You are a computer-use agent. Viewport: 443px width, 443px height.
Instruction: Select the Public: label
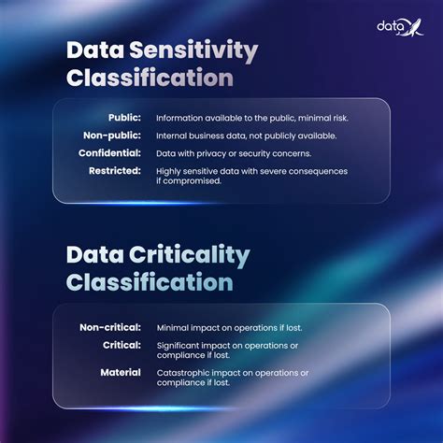(x=124, y=118)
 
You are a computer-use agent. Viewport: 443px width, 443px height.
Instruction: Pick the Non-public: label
(x=113, y=136)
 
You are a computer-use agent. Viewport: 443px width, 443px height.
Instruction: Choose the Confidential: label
(x=109, y=153)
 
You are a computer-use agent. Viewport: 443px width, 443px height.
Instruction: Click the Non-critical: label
(x=109, y=328)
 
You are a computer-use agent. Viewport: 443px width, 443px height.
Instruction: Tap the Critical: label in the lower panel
(x=121, y=346)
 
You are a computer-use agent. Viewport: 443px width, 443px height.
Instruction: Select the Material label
(x=121, y=373)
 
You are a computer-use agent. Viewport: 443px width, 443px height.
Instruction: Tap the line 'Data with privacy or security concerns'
(x=234, y=153)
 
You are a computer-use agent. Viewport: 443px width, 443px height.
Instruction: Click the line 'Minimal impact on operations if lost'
(x=229, y=328)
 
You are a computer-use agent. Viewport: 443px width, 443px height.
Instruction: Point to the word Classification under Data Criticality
(x=150, y=280)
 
